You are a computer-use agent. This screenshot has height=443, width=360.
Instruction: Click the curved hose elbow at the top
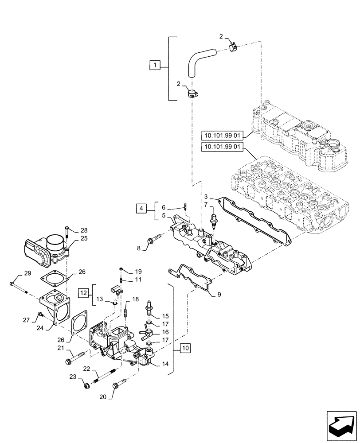pyautogui.click(x=197, y=62)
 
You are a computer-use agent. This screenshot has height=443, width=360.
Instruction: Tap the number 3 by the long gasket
pyautogui.click(x=206, y=196)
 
